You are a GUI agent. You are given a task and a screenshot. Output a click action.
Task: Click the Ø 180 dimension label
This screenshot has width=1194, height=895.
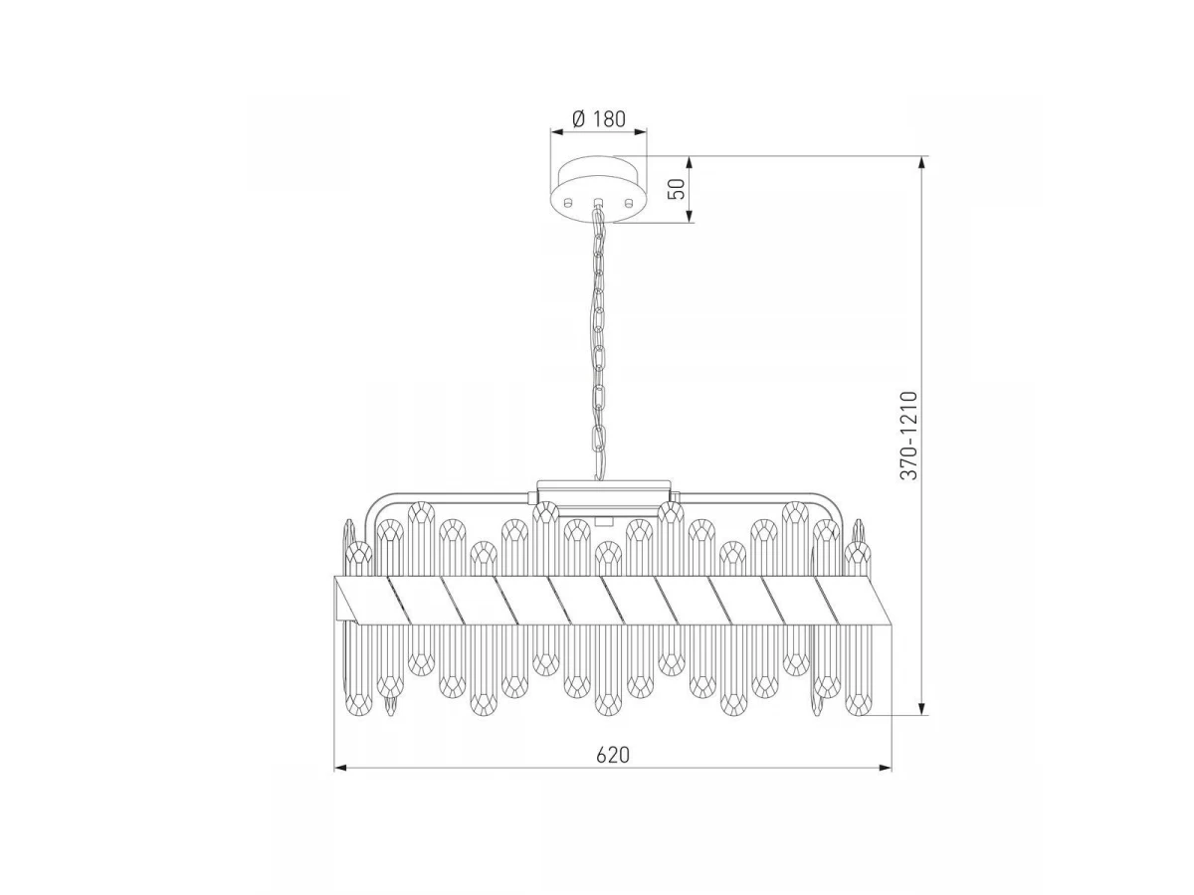(599, 118)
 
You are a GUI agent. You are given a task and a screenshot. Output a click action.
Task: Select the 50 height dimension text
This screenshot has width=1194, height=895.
(677, 189)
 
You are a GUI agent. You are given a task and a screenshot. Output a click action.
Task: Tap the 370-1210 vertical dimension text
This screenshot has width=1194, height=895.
(908, 435)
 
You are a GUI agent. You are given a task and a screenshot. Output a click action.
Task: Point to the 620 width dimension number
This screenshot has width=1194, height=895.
(613, 755)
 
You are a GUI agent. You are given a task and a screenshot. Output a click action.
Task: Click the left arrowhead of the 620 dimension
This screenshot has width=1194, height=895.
(339, 768)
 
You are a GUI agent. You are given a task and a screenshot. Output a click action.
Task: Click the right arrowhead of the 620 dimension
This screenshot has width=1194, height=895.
(885, 768)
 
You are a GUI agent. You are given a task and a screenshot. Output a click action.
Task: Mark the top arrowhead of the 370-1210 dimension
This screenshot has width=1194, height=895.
(921, 163)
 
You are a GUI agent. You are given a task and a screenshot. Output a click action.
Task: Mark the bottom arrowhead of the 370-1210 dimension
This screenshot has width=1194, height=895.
(921, 709)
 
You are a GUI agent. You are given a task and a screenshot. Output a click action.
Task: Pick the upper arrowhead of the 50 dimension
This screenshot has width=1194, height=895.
(690, 163)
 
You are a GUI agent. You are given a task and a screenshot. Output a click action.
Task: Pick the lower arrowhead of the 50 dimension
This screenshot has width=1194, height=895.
(690, 215)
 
